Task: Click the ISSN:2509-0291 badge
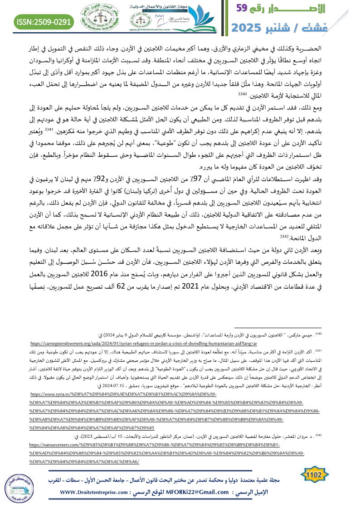point(44,21)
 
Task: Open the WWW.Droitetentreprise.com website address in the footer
point(97,492)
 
